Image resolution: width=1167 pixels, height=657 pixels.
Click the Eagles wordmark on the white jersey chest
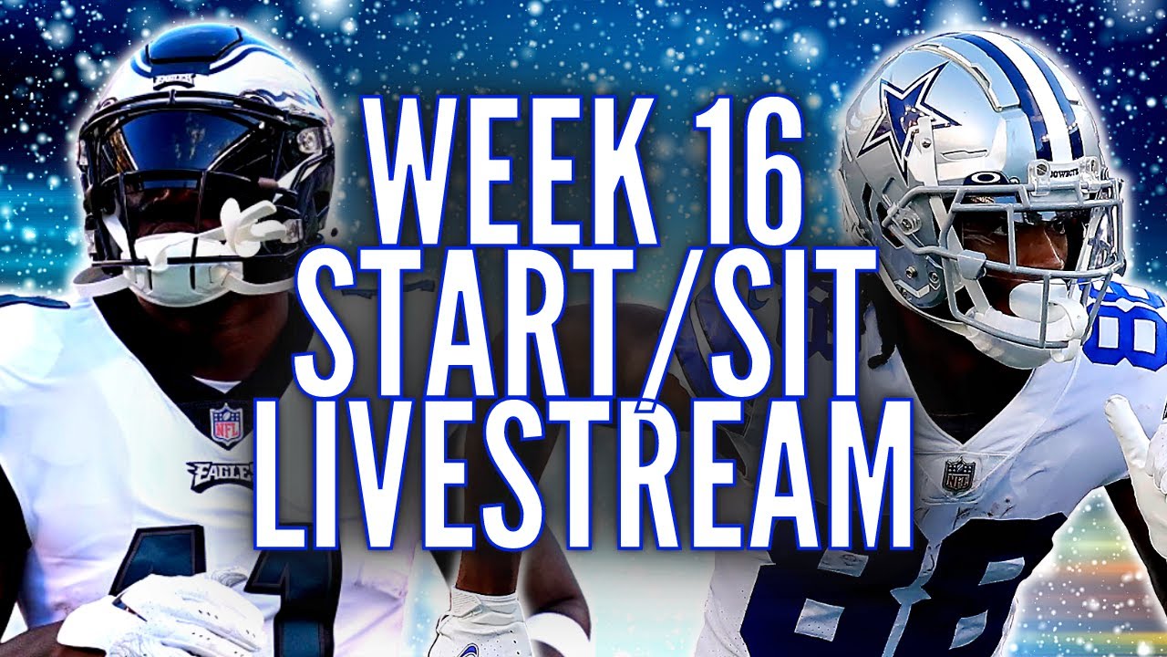pos(219,474)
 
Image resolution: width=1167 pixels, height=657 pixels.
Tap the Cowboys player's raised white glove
pos(1140,438)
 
